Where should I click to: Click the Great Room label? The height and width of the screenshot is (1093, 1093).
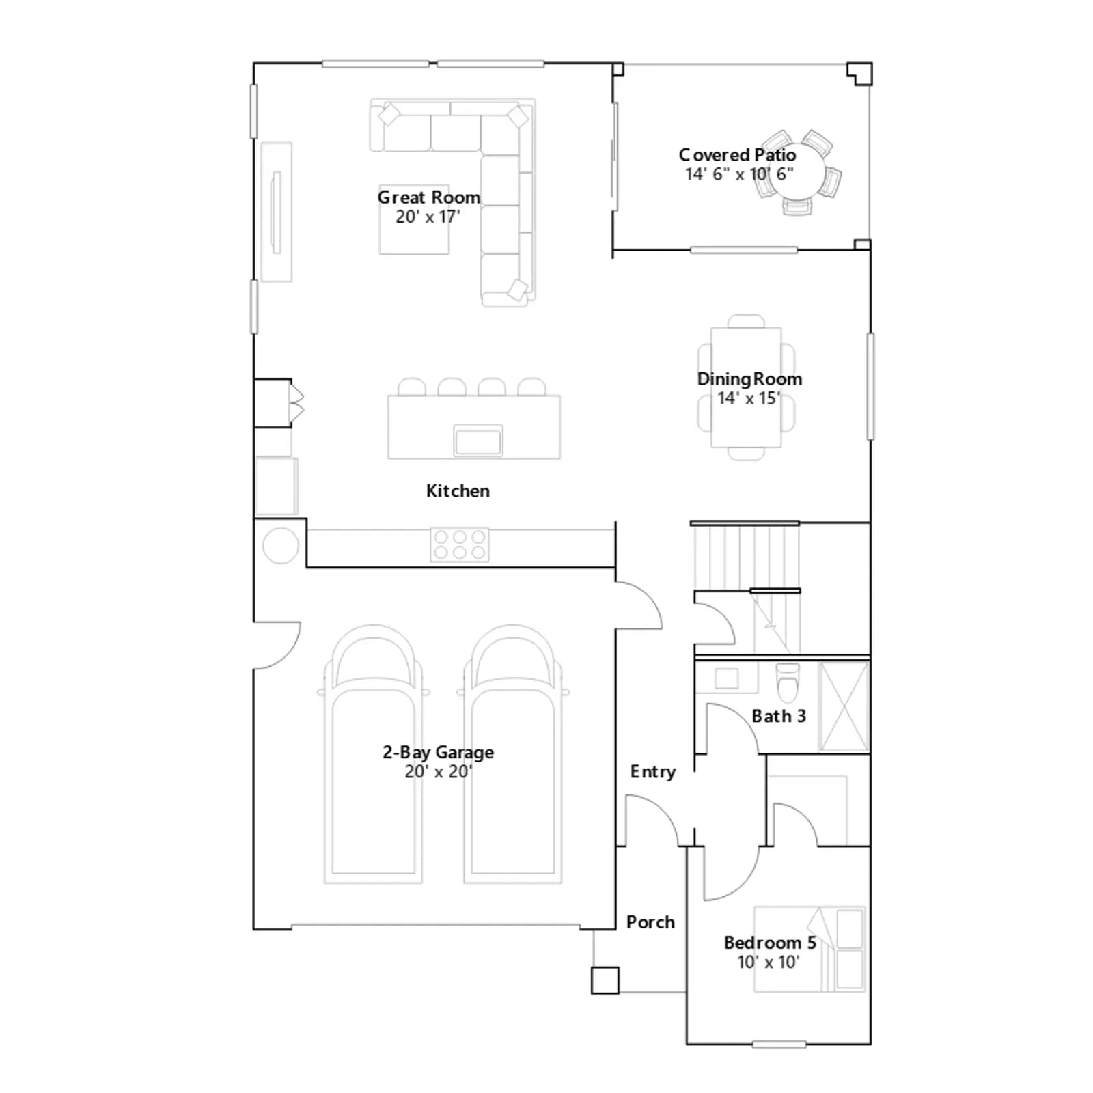429,197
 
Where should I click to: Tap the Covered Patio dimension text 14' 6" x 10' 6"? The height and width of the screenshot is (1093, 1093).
739,174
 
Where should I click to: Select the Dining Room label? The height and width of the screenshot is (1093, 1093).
749,379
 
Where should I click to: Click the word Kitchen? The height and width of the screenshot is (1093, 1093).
458,490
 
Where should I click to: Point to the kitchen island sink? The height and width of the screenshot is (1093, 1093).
478,440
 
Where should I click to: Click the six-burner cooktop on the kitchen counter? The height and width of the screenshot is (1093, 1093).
460,544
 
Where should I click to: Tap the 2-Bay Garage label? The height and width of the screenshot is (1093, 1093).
438,752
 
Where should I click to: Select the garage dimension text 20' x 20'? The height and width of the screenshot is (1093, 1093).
438,771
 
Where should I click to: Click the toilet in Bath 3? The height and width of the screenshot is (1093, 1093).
788,682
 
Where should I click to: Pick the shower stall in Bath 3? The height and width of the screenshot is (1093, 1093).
844,706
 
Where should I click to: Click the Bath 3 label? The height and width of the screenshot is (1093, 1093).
779,716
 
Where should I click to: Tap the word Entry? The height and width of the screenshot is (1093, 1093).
653,772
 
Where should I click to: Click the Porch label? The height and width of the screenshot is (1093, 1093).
650,922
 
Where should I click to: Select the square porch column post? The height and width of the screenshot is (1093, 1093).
605,980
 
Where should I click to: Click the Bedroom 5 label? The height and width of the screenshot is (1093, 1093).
770,943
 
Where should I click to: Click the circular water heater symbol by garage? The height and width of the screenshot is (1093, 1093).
281,546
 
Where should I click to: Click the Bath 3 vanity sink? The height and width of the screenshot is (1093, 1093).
727,678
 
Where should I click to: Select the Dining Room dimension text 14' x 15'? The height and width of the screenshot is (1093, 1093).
749,398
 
